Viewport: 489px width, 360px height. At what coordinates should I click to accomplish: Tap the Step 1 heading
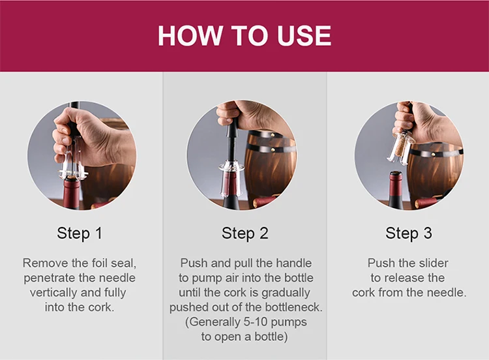pos(80,233)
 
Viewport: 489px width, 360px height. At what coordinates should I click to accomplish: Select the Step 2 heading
pos(244,233)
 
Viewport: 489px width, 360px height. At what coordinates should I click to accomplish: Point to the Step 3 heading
pos(409,233)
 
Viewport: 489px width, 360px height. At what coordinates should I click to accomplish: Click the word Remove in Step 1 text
pos(46,263)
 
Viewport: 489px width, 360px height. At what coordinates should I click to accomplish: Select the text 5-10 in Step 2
pos(256,322)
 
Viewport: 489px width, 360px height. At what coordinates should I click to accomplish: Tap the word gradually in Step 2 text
pos(286,293)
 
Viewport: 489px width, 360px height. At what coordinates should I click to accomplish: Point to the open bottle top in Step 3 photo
pos(396,173)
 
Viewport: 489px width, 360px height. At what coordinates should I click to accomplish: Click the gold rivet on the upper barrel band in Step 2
pos(273,136)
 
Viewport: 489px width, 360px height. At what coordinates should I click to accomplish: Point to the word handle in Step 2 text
pos(294,263)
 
